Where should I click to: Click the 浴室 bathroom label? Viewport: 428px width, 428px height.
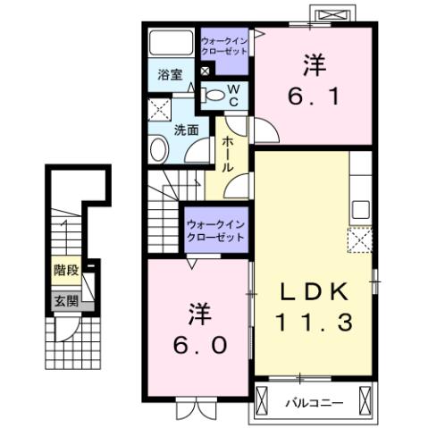tap(171, 75)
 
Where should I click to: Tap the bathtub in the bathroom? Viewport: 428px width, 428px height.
tap(171, 45)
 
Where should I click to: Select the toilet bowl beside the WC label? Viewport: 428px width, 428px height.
tap(214, 94)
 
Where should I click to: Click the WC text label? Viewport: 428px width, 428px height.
tap(231, 94)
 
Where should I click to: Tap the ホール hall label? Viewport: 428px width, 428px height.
tap(228, 155)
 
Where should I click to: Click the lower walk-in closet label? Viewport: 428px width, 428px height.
tap(215, 230)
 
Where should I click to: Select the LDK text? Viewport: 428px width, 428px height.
tap(313, 292)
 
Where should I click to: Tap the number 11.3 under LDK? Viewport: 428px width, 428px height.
tap(313, 323)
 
